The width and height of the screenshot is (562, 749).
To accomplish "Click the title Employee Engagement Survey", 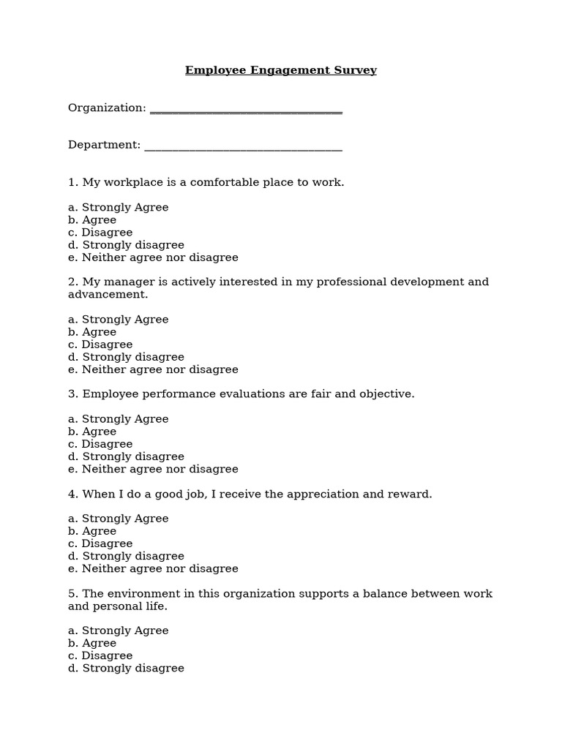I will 281,71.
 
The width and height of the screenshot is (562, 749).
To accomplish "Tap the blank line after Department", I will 243,149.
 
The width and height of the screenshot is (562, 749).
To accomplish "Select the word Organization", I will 107,108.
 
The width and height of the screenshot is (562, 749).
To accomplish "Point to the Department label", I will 104,145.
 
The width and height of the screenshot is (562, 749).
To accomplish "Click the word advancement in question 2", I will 107,294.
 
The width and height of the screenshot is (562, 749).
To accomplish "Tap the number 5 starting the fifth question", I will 72,594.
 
